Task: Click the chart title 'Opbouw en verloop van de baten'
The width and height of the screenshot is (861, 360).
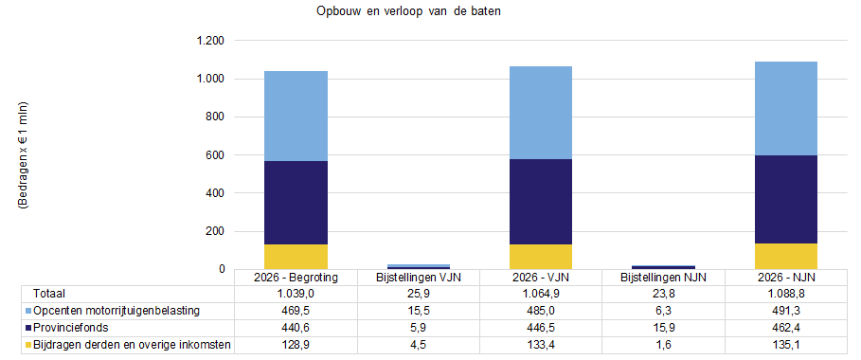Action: tap(408, 11)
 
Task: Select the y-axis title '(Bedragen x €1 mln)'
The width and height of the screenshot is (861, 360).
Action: tap(24, 155)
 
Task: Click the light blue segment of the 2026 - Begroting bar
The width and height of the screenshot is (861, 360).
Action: tap(296, 116)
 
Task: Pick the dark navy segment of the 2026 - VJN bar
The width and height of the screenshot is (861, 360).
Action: tap(541, 202)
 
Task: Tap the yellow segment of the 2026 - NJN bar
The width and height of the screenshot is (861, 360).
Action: tap(786, 256)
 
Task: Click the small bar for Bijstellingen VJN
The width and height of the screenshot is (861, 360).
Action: tap(419, 266)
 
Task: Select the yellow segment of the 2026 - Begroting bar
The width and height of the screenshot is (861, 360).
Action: tap(296, 257)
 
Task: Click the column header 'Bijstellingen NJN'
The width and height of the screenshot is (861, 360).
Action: tap(663, 278)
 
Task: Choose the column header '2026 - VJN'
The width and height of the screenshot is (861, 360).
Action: tap(541, 278)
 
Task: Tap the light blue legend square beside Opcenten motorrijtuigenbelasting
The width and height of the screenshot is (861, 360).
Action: tap(28, 311)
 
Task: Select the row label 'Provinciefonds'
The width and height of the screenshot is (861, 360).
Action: tap(63, 328)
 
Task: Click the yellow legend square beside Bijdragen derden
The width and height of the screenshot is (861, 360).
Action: tap(28, 345)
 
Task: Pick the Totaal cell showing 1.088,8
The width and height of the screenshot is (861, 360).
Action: tap(786, 294)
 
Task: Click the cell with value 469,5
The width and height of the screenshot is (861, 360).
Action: tap(296, 311)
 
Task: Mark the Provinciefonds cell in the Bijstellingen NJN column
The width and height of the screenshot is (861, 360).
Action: tap(663, 328)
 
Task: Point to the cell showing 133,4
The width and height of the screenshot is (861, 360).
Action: tap(541, 345)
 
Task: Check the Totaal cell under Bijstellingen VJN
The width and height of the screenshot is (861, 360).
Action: tap(419, 294)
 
